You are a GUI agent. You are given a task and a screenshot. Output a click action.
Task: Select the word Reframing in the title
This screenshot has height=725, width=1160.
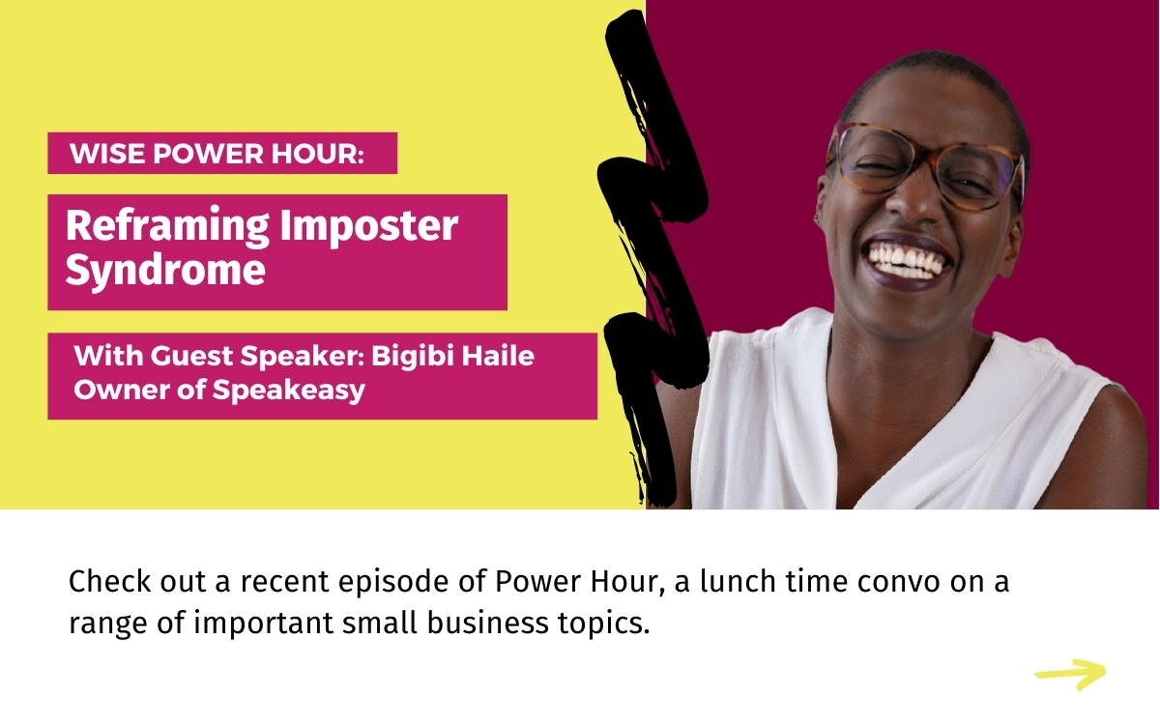coord(167,227)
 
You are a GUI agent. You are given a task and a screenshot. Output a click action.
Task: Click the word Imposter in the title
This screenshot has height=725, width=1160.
coord(369,227)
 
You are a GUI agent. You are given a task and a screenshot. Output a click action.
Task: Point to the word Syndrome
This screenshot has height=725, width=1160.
coord(165,271)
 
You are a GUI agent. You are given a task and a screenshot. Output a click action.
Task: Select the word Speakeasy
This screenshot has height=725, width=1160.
coord(289,391)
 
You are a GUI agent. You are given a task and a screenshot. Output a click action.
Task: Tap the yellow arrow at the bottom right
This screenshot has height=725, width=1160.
coord(1071,675)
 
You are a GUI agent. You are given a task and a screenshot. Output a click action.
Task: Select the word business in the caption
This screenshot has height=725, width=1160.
coord(487,623)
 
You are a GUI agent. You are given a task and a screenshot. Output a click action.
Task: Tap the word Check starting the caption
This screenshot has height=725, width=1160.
coord(109,582)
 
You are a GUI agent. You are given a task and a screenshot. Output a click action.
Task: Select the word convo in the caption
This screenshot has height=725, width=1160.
coord(898,582)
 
